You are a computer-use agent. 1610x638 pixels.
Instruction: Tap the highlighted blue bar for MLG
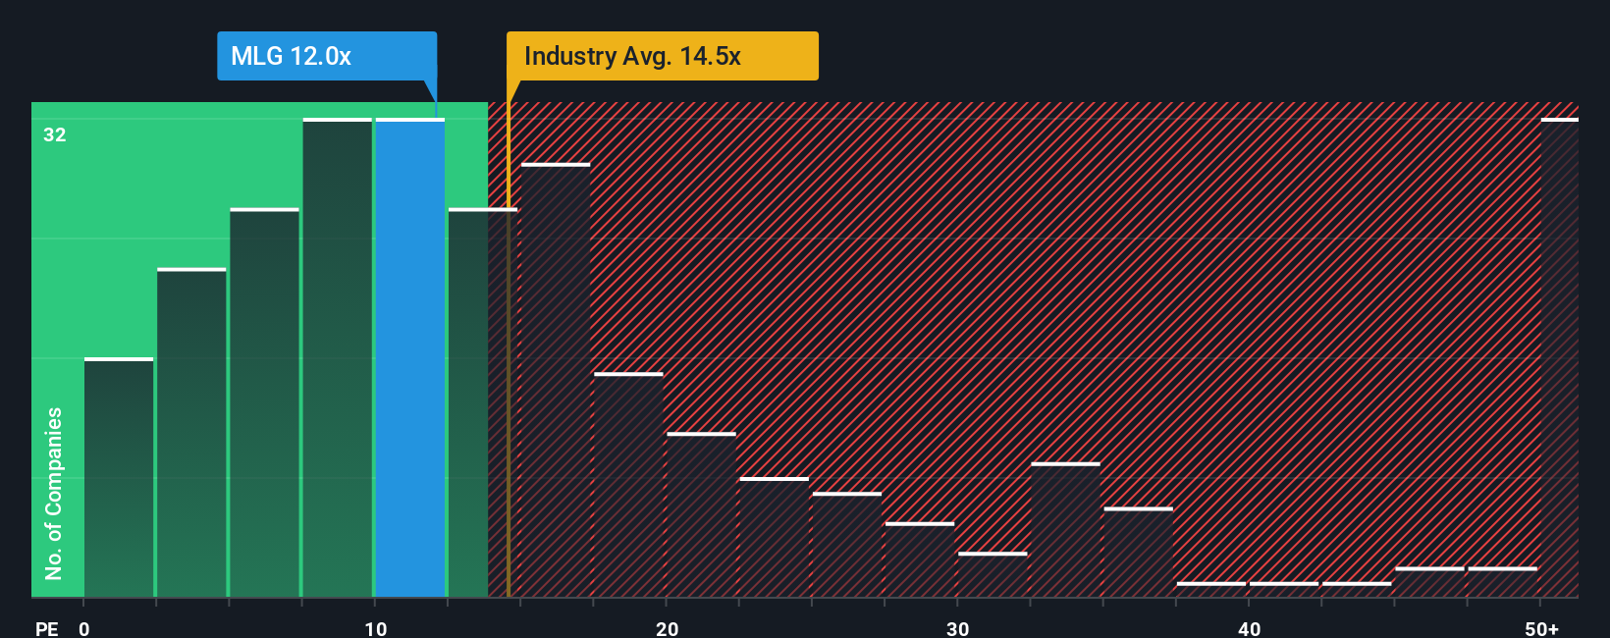pyautogui.click(x=410, y=358)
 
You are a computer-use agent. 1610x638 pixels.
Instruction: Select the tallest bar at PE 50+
pyautogui.click(x=1559, y=358)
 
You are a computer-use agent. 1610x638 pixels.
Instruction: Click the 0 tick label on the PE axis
pyautogui.click(x=84, y=628)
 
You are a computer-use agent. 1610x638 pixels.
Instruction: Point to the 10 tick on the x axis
pyautogui.click(x=376, y=628)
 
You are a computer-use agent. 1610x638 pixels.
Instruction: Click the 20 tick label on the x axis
pyautogui.click(x=668, y=628)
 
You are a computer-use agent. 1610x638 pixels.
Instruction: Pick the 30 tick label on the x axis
pyautogui.click(x=958, y=628)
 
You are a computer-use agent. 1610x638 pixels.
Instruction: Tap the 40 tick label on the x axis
pyautogui.click(x=1249, y=628)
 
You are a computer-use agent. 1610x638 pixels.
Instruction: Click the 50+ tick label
pyautogui.click(x=1541, y=628)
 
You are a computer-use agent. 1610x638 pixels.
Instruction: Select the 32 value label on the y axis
pyautogui.click(x=55, y=135)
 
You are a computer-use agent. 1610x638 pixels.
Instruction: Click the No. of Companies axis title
pyautogui.click(x=54, y=493)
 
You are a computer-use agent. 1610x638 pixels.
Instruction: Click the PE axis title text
pyautogui.click(x=46, y=628)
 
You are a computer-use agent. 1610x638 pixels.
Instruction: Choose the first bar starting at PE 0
pyautogui.click(x=119, y=478)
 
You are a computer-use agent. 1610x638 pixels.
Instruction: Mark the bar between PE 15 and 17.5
pyautogui.click(x=556, y=381)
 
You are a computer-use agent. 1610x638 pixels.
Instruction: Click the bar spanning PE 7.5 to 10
pyautogui.click(x=338, y=358)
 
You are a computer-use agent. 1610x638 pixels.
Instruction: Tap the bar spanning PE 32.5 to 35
pyautogui.click(x=1065, y=530)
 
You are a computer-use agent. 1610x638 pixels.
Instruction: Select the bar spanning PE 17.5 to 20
pyautogui.click(x=628, y=485)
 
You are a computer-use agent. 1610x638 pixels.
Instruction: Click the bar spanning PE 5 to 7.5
pyautogui.click(x=265, y=402)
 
